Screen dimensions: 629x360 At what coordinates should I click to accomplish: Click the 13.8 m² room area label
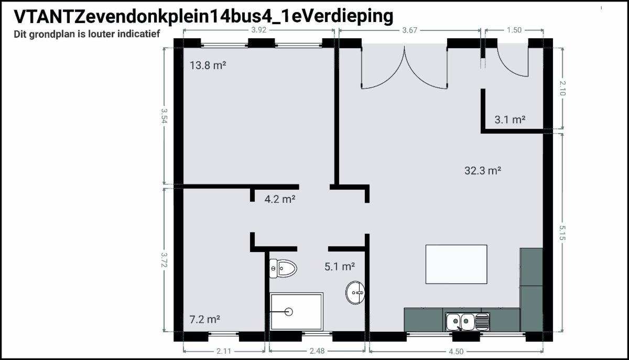pos(208,66)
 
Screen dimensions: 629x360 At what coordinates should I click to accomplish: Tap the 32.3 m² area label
pos(483,170)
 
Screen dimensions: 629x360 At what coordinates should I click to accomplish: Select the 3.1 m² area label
pos(510,119)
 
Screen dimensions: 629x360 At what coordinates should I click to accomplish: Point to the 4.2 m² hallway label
pos(280,199)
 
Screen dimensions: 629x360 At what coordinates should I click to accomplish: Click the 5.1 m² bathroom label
pos(340,267)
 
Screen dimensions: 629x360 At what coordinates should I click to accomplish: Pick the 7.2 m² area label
pos(205,319)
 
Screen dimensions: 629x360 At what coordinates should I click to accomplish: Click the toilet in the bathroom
pos(283,268)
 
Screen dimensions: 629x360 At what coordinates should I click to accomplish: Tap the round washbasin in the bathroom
pos(355,292)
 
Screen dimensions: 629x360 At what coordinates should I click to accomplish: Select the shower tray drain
pos(288,312)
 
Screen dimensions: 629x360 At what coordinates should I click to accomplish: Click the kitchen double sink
pos(468,322)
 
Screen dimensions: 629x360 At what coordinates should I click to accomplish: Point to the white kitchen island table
pos(457,264)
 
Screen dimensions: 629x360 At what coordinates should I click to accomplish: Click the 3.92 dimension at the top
pos(258,30)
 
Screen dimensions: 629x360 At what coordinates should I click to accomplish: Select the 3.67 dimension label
pos(410,30)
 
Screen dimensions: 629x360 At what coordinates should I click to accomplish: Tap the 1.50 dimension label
pos(514,30)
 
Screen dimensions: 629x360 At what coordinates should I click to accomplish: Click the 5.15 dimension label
pos(562,233)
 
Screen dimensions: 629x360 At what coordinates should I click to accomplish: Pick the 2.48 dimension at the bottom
pos(317,351)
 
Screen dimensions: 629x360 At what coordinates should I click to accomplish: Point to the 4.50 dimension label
pos(456,351)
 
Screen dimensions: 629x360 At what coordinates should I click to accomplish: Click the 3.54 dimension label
pos(164,116)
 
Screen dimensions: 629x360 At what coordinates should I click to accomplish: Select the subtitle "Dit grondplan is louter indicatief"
pos(87,34)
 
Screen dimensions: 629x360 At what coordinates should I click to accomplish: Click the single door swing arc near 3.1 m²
pos(505,68)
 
